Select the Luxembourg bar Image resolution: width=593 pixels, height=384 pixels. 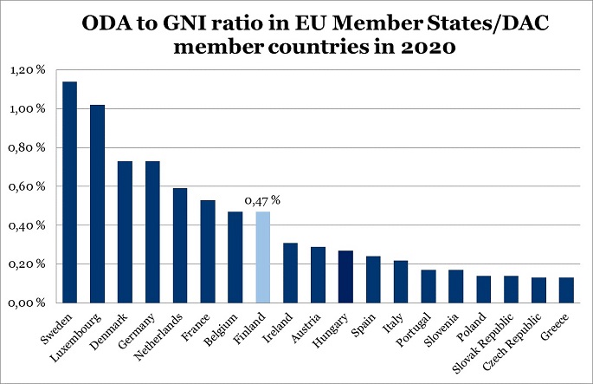(x=97, y=204)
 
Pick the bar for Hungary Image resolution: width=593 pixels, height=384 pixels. (x=345, y=277)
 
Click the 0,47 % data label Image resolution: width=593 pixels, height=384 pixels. (x=264, y=201)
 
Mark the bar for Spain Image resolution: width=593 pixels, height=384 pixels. (x=373, y=280)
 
